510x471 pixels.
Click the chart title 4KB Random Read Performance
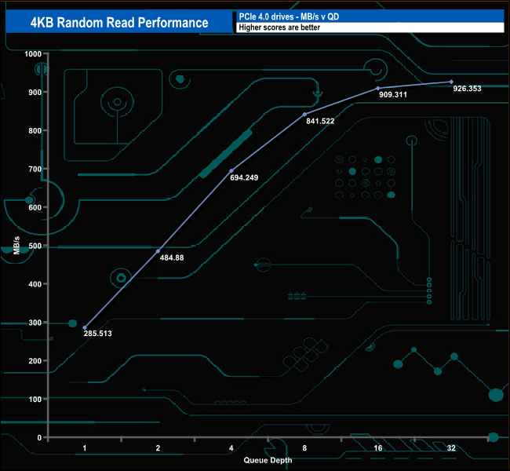coord(119,22)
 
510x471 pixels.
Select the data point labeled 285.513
coord(85,327)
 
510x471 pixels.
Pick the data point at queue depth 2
coord(158,251)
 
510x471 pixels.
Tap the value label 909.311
coord(393,96)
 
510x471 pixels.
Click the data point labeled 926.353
coord(451,82)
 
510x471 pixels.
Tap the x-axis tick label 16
coord(377,447)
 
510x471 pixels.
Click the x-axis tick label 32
coord(451,447)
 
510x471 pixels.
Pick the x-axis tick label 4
coord(231,447)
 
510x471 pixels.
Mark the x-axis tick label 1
coord(85,447)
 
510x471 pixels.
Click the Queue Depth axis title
coord(268,460)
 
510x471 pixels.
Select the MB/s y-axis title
coord(16,245)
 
